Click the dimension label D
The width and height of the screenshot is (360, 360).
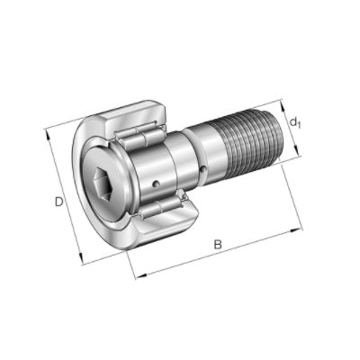pos(58,202)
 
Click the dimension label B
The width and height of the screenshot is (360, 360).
pos(218,245)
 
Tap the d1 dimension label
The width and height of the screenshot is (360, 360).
pos(295,122)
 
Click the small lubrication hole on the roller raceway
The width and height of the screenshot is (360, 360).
pos(156,184)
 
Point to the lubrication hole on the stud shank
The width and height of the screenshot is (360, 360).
pos(203,170)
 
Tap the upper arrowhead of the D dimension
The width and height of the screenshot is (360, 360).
pos(48,134)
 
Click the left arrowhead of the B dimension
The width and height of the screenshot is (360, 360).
pos(141,275)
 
